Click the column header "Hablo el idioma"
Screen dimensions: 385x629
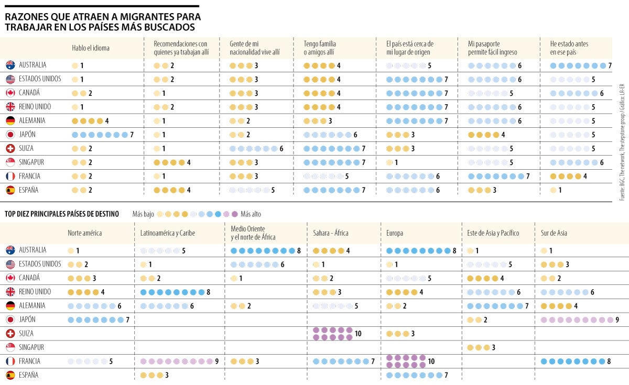[91, 48]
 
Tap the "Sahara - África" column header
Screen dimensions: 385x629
[330, 233]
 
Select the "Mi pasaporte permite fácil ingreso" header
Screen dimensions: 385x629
[492, 48]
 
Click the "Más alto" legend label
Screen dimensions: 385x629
[251, 214]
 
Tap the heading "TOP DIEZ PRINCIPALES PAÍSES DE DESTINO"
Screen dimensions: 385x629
[62, 214]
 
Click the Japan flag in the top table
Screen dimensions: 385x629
[10, 135]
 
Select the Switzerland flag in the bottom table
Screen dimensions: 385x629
[10, 334]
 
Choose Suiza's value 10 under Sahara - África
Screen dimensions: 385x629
[358, 334]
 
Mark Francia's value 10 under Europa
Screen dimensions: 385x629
[431, 361]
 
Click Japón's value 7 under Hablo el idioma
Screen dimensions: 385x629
[132, 135]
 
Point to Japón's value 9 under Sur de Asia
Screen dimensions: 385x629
[617, 320]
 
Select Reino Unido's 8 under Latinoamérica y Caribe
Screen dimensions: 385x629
[208, 292]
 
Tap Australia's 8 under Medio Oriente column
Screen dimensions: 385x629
[299, 250]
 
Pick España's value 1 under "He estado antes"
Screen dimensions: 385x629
[560, 190]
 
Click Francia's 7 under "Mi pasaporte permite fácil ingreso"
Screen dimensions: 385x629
[528, 176]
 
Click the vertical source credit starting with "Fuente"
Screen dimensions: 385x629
[622, 142]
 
